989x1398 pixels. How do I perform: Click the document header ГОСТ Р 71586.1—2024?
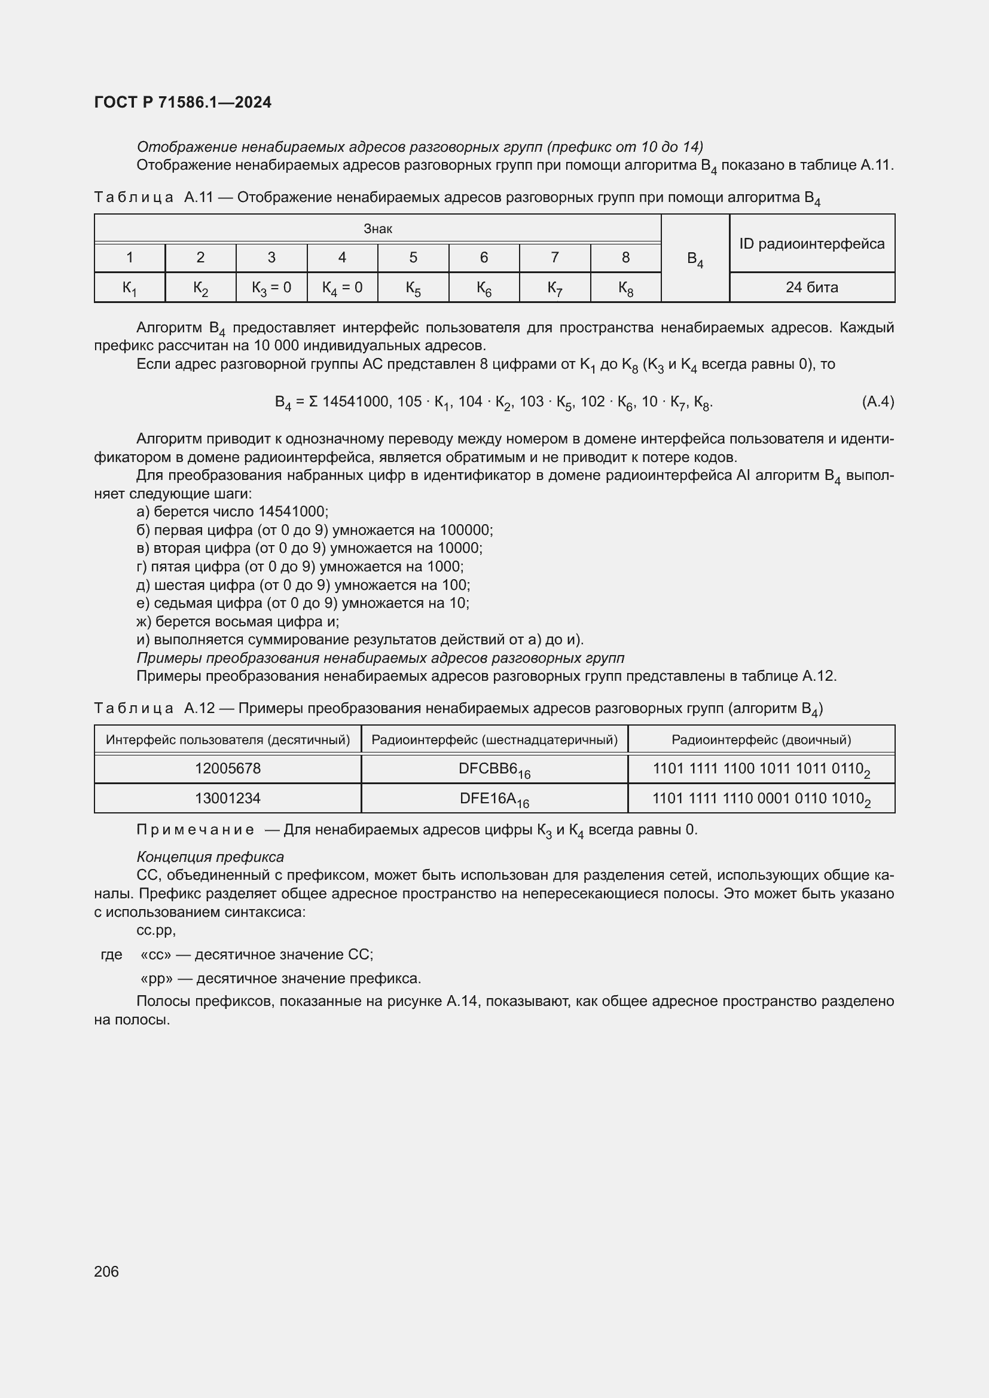[183, 102]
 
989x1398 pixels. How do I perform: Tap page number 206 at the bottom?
[106, 1271]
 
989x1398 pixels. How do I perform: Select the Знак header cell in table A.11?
[377, 229]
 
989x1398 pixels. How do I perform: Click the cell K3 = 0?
[271, 287]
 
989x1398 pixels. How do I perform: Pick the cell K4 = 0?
[342, 287]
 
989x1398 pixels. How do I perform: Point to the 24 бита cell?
[812, 287]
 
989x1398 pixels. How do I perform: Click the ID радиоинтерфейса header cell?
[812, 243]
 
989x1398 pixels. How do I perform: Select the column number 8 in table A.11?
[625, 258]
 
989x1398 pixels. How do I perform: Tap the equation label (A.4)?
[878, 402]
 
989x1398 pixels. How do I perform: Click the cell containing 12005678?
[228, 769]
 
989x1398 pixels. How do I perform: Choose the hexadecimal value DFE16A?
[494, 799]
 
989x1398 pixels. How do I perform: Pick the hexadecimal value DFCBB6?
[494, 769]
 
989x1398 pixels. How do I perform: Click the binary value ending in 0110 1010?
[761, 799]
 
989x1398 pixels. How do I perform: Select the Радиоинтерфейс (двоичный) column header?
[761, 740]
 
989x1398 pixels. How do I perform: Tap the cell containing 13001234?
[228, 799]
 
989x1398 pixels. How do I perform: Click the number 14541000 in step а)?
[292, 512]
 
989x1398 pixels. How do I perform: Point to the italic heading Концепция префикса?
[210, 857]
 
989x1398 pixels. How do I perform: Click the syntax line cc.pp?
[156, 931]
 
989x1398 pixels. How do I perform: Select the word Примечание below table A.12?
[195, 830]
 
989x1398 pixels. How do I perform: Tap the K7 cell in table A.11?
[554, 287]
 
